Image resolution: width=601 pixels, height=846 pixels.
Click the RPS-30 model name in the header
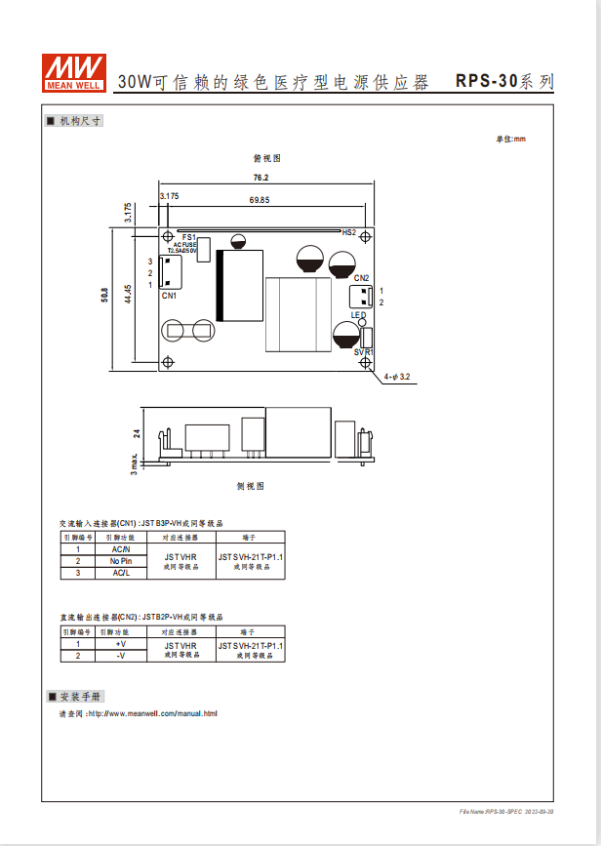486,82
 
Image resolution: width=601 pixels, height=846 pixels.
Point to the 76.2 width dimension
260,178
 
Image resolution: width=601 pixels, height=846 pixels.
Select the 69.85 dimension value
260,200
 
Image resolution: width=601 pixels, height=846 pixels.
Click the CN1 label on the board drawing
169,296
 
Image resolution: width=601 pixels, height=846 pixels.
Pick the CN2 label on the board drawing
361,278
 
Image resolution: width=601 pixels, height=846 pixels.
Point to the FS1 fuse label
188,237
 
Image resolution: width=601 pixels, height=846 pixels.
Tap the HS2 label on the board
349,233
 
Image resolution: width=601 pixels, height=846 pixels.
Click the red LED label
358,315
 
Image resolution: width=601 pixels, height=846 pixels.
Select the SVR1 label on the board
363,351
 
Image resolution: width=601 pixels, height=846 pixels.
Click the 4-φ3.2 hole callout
396,376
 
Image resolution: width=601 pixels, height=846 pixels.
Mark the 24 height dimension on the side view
138,433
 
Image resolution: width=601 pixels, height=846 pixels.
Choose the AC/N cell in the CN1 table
121,549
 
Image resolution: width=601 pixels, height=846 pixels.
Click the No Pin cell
121,561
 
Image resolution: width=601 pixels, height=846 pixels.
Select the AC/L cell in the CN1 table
121,573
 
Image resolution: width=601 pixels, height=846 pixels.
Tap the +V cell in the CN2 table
121,644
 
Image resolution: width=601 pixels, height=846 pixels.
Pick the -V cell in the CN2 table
121,656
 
